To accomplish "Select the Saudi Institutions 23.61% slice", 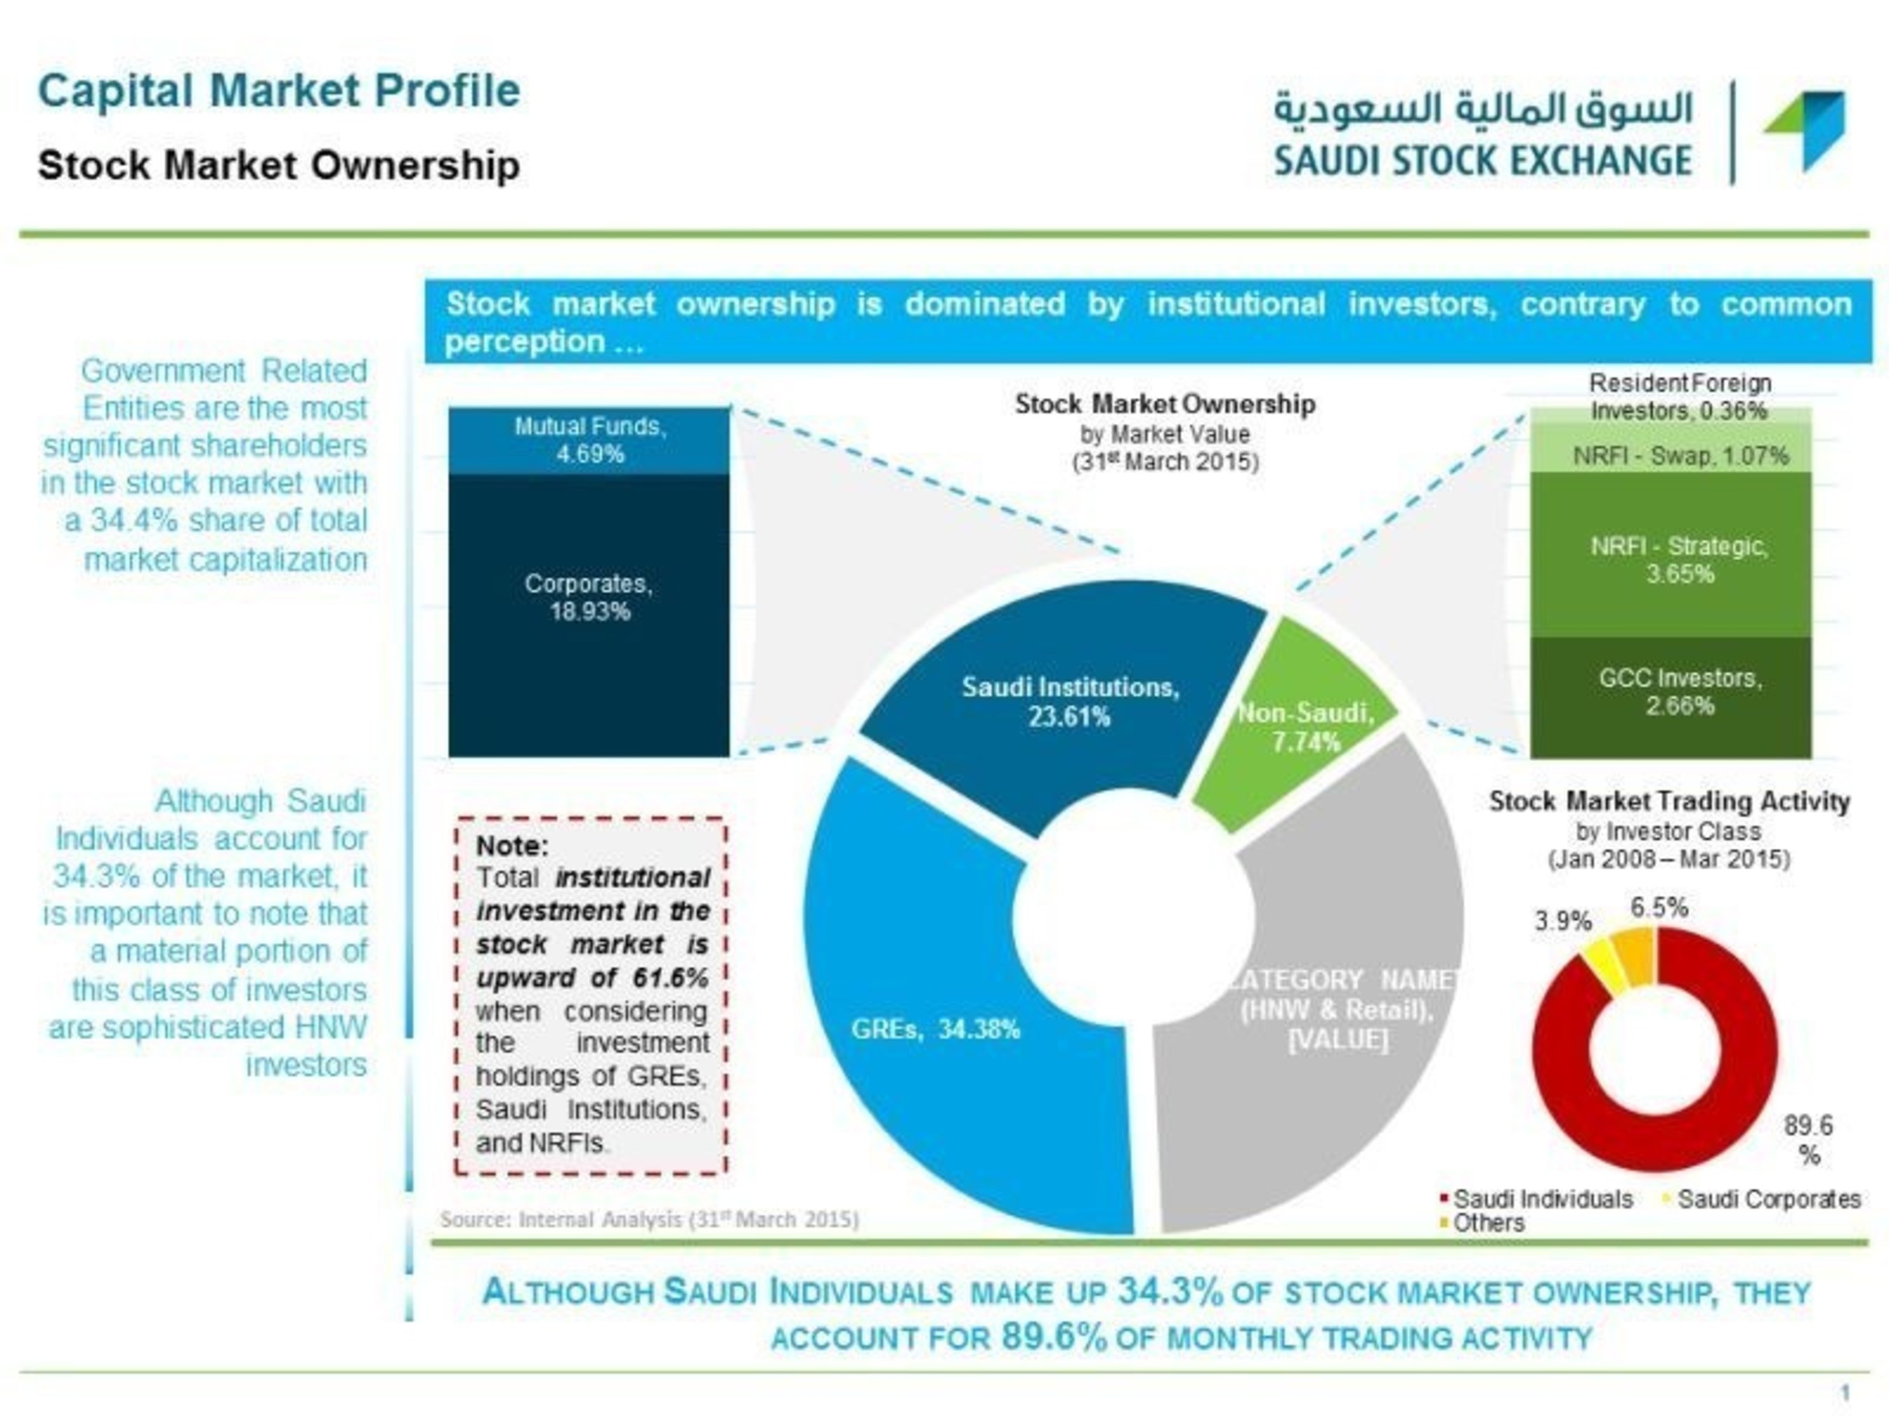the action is (x=1068, y=700).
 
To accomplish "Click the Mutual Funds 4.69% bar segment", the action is (x=589, y=441).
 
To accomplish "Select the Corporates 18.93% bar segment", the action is (x=589, y=615).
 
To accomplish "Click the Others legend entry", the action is (x=1482, y=1223).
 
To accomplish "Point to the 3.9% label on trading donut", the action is (x=1563, y=922).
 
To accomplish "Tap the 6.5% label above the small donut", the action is (x=1660, y=908).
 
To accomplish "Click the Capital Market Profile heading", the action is (x=279, y=90).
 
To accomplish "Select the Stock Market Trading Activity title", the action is (x=1669, y=801).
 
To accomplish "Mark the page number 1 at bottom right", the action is (x=1846, y=1394).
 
